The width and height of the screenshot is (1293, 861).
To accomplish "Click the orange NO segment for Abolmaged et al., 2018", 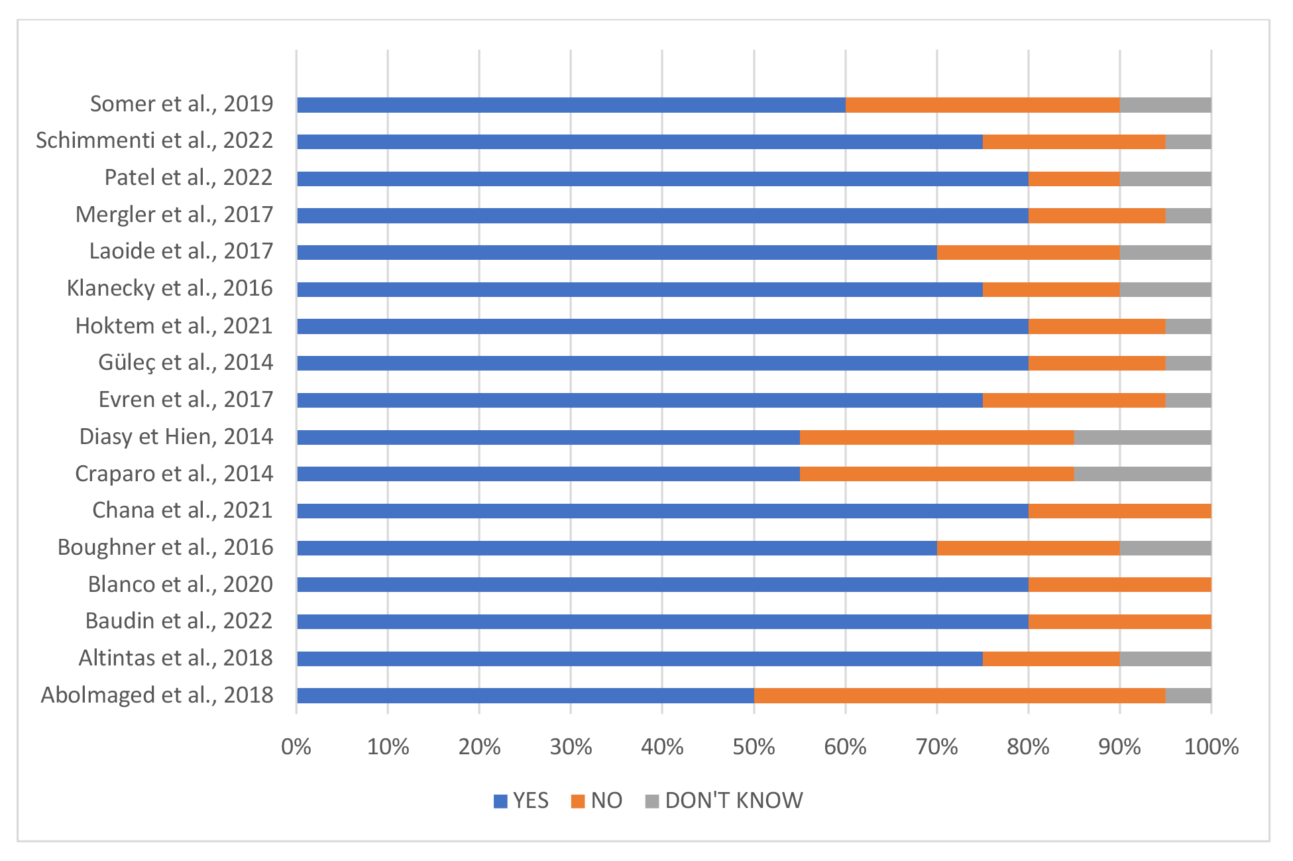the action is [960, 695].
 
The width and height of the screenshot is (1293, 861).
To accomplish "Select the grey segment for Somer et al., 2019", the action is [1166, 105].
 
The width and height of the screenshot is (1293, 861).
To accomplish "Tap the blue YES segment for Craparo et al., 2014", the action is [549, 474].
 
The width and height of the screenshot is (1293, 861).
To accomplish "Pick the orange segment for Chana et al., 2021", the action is [1120, 511].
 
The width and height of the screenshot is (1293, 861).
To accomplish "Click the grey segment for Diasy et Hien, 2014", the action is [1143, 437].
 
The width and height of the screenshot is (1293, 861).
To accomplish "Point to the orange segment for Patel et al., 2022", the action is [1074, 179].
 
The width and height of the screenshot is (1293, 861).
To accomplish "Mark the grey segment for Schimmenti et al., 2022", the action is [1188, 142].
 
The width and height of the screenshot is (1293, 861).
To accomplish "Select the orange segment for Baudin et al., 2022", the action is [1120, 622].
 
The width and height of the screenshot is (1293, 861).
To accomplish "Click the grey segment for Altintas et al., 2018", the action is [1166, 659].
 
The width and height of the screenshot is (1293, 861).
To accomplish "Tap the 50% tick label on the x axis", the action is [754, 747].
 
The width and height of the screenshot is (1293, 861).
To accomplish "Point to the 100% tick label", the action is [1211, 747].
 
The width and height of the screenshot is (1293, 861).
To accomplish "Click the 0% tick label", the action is [296, 747].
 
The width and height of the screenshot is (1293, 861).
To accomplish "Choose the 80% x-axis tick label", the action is [1029, 747].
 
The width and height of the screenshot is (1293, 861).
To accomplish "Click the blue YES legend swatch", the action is [501, 801].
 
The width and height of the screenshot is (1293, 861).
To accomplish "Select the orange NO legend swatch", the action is [578, 801].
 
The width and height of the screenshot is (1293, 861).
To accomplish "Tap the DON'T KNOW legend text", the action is [734, 801].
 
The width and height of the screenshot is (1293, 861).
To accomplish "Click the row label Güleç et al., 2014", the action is [186, 363].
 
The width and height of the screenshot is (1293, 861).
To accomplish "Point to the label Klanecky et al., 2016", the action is [170, 288].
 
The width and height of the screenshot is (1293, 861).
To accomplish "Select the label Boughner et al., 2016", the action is [166, 547].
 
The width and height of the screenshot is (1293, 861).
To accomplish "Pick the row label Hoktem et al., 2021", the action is [174, 325].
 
